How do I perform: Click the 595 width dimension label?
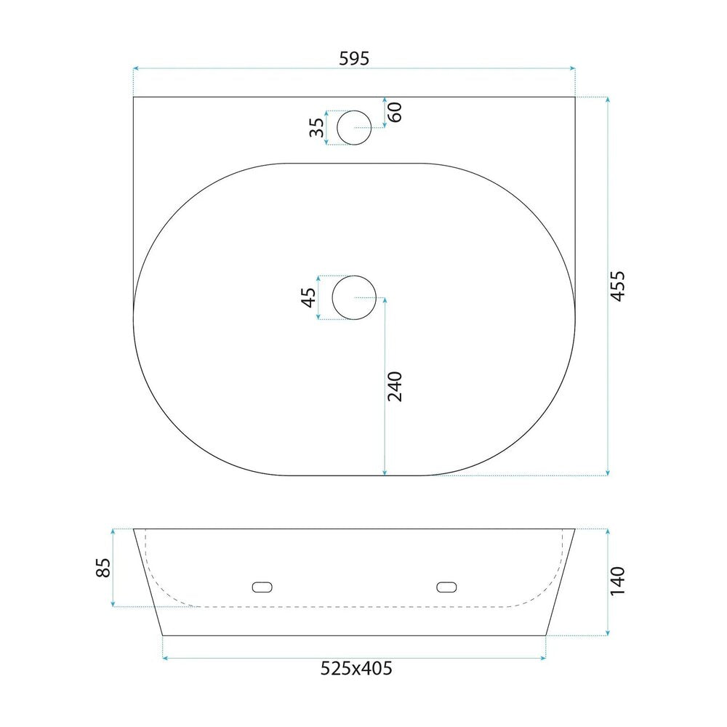pyautogui.click(x=354, y=58)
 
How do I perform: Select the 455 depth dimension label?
pyautogui.click(x=617, y=286)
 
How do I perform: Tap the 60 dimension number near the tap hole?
pyautogui.click(x=395, y=112)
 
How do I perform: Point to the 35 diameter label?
pyautogui.click(x=317, y=128)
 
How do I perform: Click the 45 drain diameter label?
pyautogui.click(x=309, y=297)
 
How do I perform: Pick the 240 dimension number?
pyautogui.click(x=395, y=387)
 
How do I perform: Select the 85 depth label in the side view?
pyautogui.click(x=103, y=568)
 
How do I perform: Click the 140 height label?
pyautogui.click(x=617, y=581)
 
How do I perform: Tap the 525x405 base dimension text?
pyautogui.click(x=356, y=668)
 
